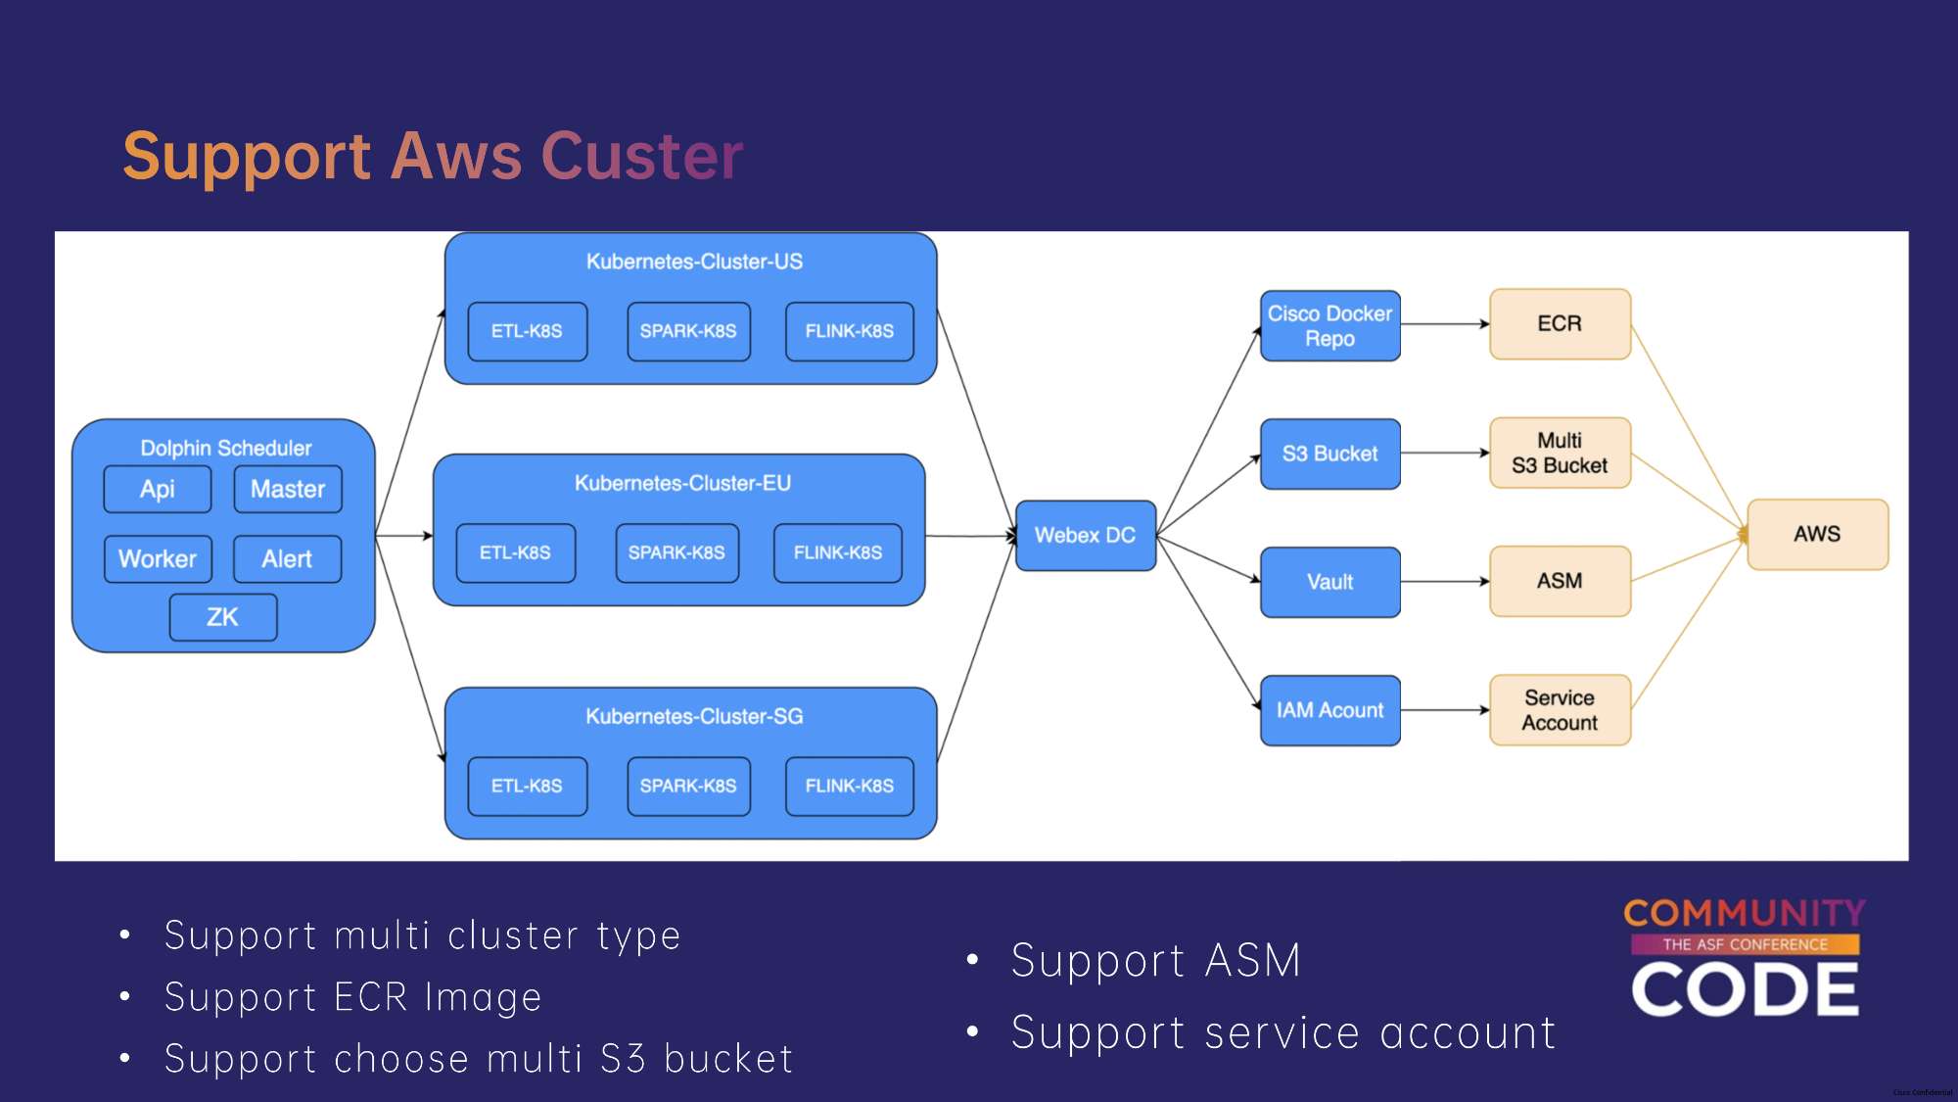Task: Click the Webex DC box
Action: pos(1086,536)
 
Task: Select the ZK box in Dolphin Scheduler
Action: pos(223,617)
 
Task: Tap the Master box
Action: pos(288,489)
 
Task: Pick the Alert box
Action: pos(287,559)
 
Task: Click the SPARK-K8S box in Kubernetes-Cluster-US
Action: pos(688,331)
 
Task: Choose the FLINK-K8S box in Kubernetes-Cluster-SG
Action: pos(850,786)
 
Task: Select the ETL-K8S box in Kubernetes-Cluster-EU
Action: pos(515,552)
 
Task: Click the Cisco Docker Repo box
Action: pos(1329,326)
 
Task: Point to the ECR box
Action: pos(1560,324)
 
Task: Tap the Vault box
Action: pos(1329,582)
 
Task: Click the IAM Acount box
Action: pos(1329,710)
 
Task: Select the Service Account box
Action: pos(1560,710)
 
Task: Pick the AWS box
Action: pos(1817,534)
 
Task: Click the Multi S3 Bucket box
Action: pos(1560,453)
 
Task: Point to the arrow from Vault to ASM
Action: pos(1445,582)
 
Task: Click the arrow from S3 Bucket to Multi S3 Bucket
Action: pos(1445,453)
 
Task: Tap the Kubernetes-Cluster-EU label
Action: pos(682,483)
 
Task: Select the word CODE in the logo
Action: pos(1745,989)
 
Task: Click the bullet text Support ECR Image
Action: pos(353,997)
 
